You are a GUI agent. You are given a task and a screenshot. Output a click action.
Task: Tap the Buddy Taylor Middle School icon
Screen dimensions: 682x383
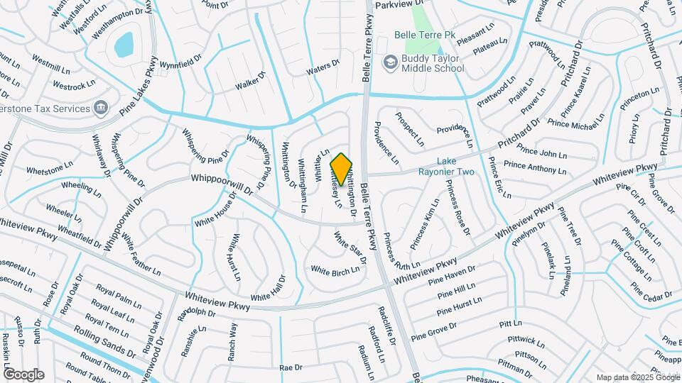click(389, 63)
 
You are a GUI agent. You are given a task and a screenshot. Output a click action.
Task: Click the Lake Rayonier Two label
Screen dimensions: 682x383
click(455, 167)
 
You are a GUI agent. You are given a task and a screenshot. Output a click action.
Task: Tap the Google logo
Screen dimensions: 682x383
click(23, 374)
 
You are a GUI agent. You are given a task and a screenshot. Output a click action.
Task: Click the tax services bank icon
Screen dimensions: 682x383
click(101, 108)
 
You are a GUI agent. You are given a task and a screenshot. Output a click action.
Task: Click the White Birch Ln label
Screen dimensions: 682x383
click(335, 271)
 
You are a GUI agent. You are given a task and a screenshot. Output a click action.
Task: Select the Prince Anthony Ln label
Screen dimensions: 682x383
click(535, 167)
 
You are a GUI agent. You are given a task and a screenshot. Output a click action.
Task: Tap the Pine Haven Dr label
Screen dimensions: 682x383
click(452, 273)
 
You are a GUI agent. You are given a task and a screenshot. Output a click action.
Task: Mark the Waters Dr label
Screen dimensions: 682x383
click(323, 70)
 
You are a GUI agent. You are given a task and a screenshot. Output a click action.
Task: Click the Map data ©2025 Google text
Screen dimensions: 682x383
click(637, 377)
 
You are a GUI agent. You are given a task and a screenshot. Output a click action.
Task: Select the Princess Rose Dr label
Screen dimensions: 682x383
click(458, 207)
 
